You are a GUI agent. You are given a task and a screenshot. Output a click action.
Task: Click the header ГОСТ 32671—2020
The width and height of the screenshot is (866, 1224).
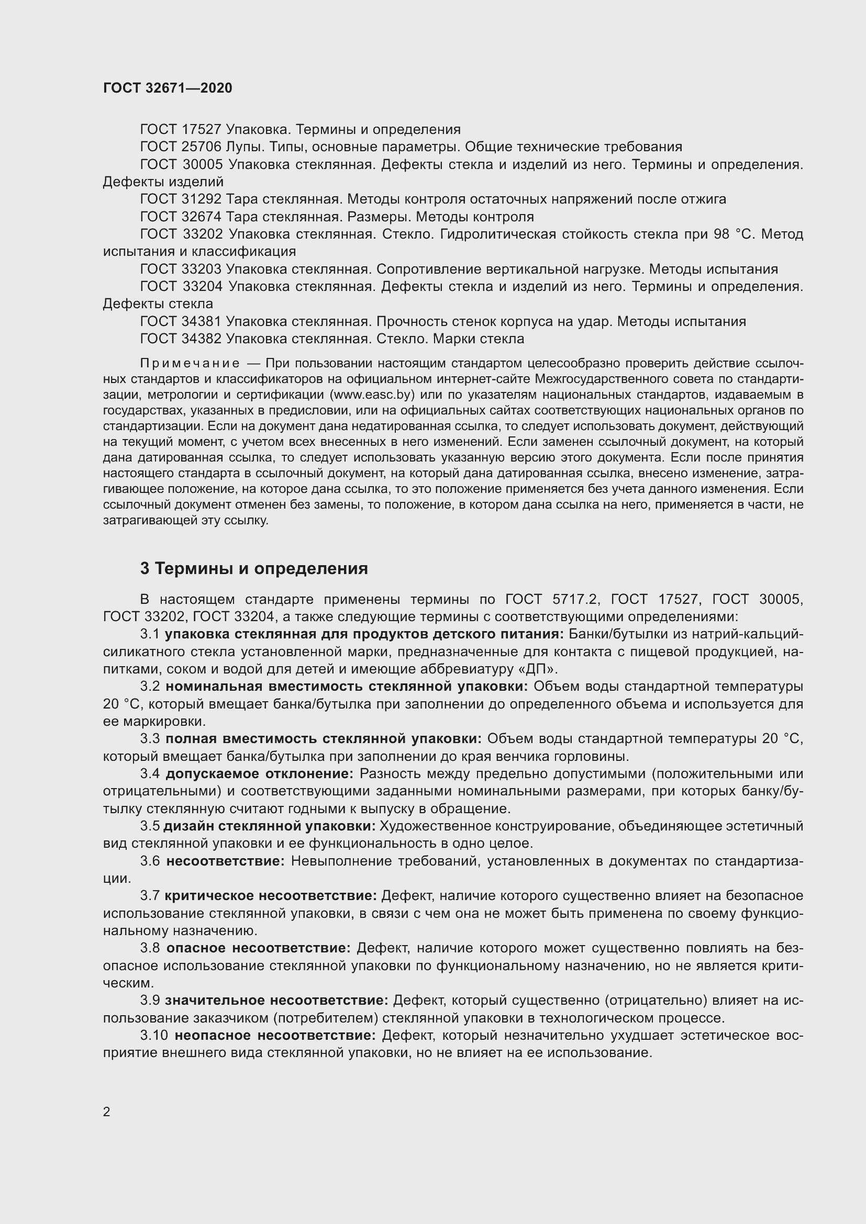pyautogui.click(x=168, y=88)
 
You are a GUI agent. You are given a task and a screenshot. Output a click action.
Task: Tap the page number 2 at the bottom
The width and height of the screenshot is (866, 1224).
pyautogui.click(x=107, y=1111)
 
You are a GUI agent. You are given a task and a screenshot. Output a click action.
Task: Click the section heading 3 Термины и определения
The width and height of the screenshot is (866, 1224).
pyautogui.click(x=254, y=569)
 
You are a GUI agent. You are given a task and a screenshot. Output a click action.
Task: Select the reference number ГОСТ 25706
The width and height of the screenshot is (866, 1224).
pyautogui.click(x=180, y=147)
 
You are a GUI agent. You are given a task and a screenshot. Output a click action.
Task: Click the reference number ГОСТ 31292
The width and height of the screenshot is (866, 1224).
pyautogui.click(x=180, y=199)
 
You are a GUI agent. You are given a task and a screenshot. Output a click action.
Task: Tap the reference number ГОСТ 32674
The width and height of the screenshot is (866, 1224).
pyautogui.click(x=180, y=217)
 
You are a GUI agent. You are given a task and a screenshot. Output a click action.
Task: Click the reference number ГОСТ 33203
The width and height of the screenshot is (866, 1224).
pyautogui.click(x=180, y=269)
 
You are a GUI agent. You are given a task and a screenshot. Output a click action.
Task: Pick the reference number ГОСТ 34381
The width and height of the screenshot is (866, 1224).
pyautogui.click(x=180, y=321)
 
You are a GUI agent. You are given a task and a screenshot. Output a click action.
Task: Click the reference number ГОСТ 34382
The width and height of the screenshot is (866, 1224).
pyautogui.click(x=180, y=339)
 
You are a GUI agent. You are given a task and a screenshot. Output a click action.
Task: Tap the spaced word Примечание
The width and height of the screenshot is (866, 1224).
pyautogui.click(x=190, y=364)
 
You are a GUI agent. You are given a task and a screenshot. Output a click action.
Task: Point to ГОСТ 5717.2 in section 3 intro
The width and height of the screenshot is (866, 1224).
pyautogui.click(x=553, y=600)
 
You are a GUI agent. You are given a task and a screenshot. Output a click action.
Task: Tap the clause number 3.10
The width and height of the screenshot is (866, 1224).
pyautogui.click(x=154, y=1035)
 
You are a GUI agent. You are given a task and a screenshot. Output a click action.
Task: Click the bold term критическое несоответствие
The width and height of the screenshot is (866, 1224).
pyautogui.click(x=271, y=895)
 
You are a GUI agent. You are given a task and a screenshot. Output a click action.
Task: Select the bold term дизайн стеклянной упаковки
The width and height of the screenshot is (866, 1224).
pyautogui.click(x=269, y=826)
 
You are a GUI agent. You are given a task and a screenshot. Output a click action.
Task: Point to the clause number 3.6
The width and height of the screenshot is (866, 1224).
pyautogui.click(x=150, y=861)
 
